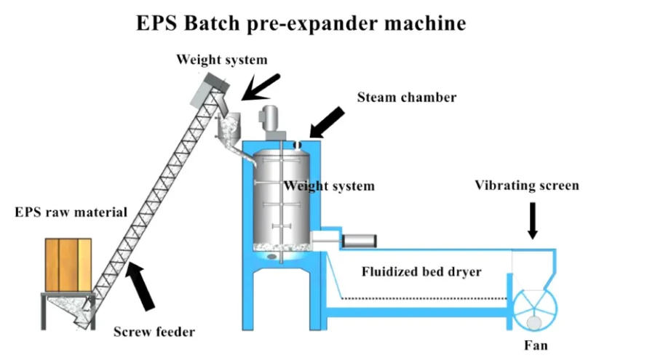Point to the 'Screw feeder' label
pyautogui.click(x=154, y=332)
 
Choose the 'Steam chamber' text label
pyautogui.click(x=406, y=97)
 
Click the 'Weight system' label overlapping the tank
pyautogui.click(x=329, y=186)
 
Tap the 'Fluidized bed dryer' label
pyautogui.click(x=422, y=272)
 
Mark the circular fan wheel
pyautogui.click(x=535, y=309)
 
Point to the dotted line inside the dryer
pyautogui.click(x=422, y=297)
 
